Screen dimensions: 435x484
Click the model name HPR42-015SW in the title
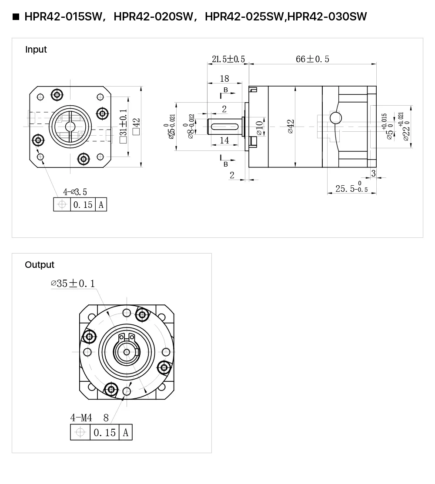(x=63, y=17)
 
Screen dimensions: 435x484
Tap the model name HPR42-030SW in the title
(x=327, y=17)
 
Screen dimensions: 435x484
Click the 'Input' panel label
(x=36, y=50)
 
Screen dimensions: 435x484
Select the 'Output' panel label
(x=40, y=264)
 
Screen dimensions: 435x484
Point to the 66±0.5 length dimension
(x=312, y=59)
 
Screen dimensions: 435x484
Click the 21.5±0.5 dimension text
(x=228, y=59)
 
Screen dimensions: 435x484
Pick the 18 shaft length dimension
(x=224, y=79)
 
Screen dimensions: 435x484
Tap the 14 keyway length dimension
(x=224, y=140)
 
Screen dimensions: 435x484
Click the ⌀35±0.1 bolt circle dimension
(x=73, y=284)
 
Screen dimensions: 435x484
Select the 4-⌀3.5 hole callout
(x=75, y=192)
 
